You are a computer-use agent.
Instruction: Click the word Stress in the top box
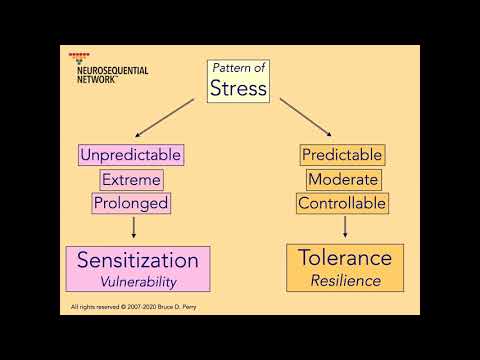click(238, 89)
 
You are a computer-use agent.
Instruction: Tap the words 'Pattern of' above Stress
click(238, 68)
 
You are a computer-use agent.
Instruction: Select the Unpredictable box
click(131, 155)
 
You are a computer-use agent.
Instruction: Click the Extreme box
click(131, 179)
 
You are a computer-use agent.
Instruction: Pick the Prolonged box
click(131, 203)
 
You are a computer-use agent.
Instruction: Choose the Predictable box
click(342, 155)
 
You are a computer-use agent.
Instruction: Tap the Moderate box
click(342, 179)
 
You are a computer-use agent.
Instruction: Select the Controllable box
click(342, 203)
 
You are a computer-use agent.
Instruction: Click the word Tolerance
click(345, 259)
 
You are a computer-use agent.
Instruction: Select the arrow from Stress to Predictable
click(306, 117)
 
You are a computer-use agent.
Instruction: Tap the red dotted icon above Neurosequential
click(80, 55)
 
